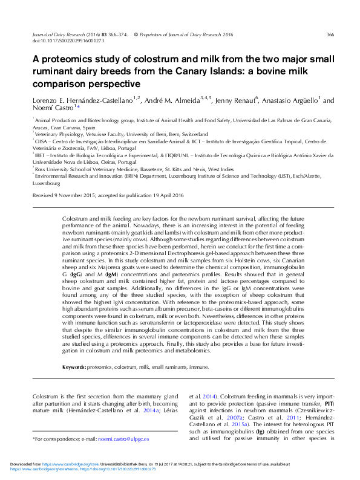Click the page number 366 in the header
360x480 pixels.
click(330, 35)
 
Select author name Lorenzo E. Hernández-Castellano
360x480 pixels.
click(83, 99)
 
